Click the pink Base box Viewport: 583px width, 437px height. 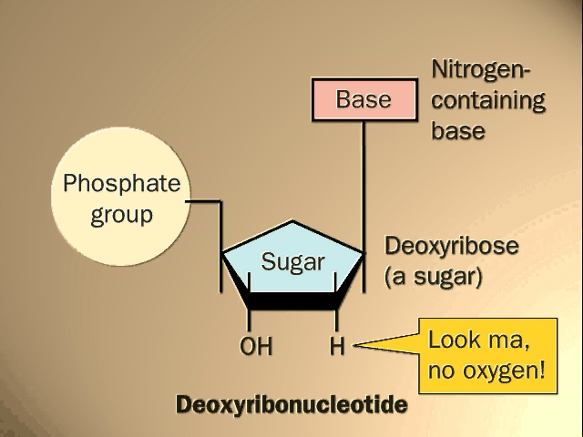363,99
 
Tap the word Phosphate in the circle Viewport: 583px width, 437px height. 121,185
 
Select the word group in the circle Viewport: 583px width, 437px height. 121,216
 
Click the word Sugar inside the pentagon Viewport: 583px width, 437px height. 293,262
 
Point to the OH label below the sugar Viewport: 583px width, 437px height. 256,347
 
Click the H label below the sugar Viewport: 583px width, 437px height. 337,347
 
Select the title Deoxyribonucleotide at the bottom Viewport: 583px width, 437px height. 291,403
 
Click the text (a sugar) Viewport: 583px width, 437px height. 433,276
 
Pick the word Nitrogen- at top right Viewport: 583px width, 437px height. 482,69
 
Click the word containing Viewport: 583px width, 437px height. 487,99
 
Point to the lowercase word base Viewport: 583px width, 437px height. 457,130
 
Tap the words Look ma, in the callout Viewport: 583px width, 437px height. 479,341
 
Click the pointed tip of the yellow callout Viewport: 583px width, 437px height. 356,345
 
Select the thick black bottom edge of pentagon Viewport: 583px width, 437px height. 293,300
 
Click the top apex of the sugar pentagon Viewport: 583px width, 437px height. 293,222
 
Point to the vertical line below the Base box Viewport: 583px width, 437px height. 364,182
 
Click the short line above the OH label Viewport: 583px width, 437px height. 249,320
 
